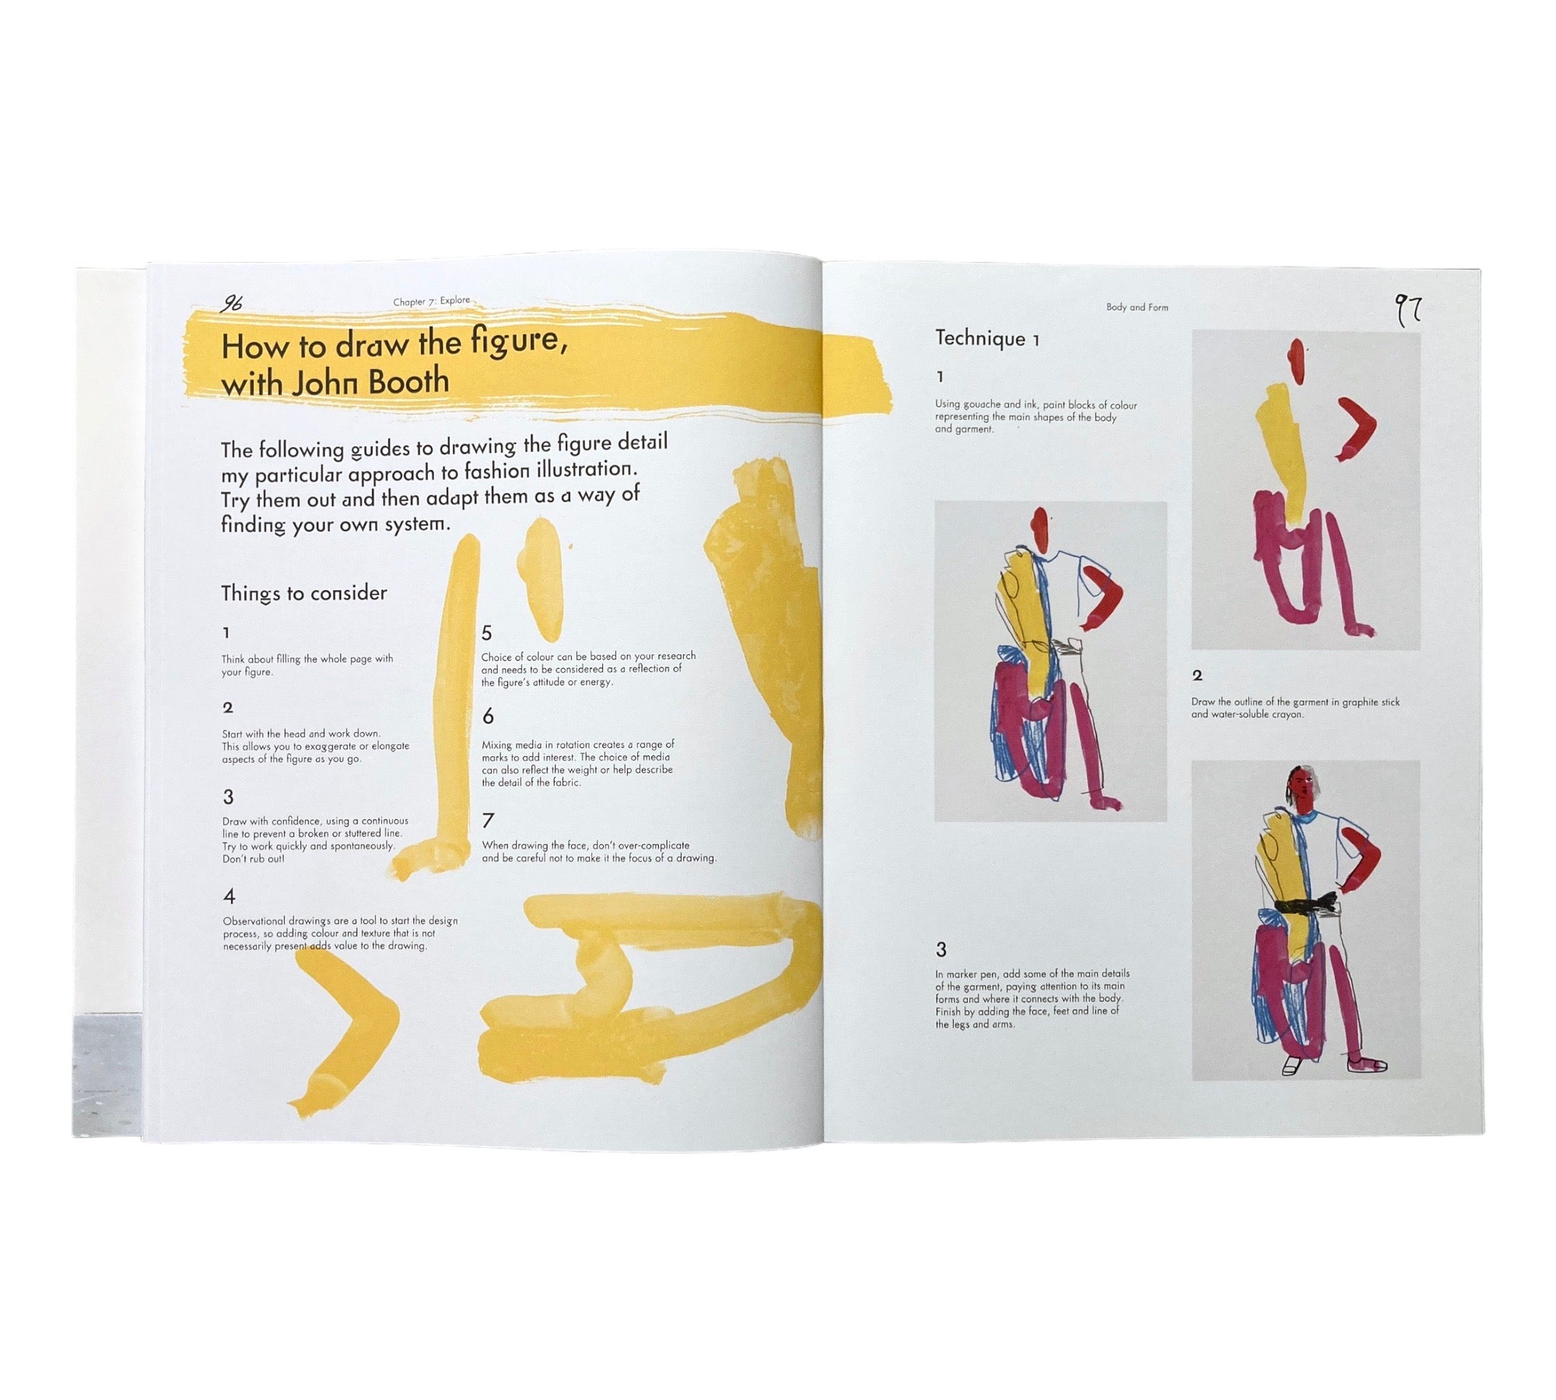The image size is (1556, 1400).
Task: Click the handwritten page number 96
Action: pos(231,303)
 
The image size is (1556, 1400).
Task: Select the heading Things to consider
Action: pos(303,593)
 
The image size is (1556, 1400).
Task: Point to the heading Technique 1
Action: pos(987,338)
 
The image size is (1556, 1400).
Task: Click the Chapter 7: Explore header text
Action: pos(431,301)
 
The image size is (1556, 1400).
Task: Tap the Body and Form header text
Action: pos(1137,307)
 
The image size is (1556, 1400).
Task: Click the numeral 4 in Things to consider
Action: pos(229,897)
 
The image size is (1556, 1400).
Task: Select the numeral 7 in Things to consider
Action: pos(488,821)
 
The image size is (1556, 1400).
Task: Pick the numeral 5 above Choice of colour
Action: pos(487,633)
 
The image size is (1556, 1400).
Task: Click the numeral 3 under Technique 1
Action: pos(941,950)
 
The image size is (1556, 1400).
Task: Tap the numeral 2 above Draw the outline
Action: pos(1197,676)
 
